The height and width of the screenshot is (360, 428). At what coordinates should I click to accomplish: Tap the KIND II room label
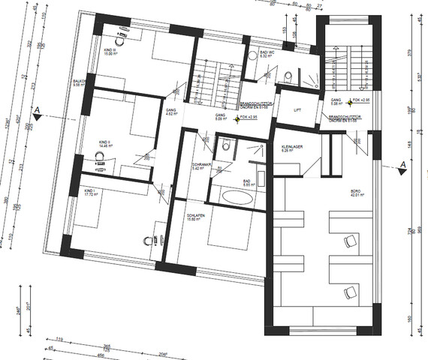click(x=104, y=141)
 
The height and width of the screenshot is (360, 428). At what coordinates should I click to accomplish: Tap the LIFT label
click(x=297, y=109)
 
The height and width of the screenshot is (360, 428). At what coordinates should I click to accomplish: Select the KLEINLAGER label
click(x=291, y=147)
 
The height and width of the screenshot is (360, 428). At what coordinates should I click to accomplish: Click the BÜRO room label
click(x=356, y=192)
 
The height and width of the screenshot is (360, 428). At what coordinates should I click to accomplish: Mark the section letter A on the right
click(x=403, y=165)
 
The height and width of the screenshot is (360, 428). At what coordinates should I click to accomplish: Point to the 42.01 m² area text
click(x=356, y=197)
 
